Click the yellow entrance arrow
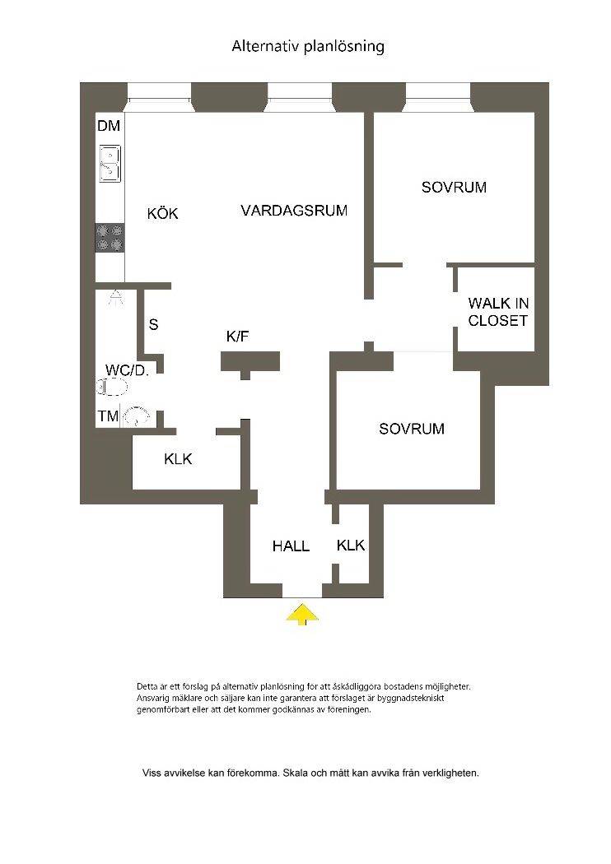click(x=301, y=614)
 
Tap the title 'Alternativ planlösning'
click(x=308, y=46)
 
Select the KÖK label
click(x=163, y=213)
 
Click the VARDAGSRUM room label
click(x=294, y=210)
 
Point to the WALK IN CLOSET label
click(x=498, y=311)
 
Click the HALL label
click(x=291, y=546)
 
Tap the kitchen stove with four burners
click(x=110, y=238)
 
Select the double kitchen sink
click(x=110, y=164)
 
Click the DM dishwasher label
click(x=109, y=126)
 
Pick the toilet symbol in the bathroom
click(x=113, y=388)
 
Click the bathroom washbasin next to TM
click(x=136, y=416)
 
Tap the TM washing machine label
click(x=109, y=416)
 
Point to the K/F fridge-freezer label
click(x=238, y=336)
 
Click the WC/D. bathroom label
click(x=128, y=370)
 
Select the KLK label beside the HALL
click(x=351, y=546)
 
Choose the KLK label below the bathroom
click(x=178, y=458)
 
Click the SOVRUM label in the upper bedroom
click(x=454, y=188)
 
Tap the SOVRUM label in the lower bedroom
click(x=412, y=429)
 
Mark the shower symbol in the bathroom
click(x=116, y=297)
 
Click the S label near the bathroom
click(x=153, y=324)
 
